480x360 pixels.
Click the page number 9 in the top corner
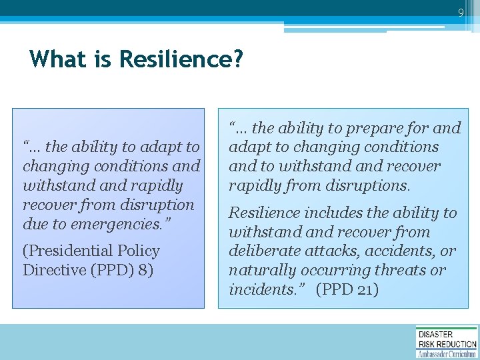(461, 12)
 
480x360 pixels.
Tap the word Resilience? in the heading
(181, 60)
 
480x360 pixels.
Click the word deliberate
(262, 251)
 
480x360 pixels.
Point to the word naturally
(259, 271)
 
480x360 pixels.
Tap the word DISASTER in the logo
(435, 334)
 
